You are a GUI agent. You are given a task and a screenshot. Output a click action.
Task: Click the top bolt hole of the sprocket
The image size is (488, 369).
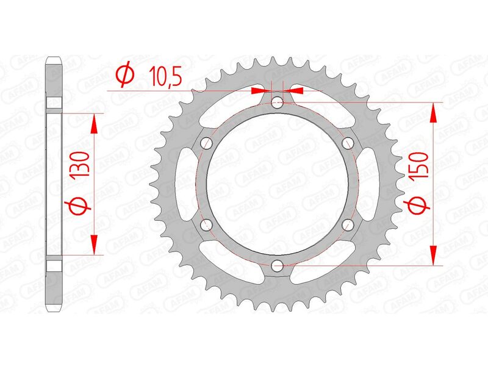278,102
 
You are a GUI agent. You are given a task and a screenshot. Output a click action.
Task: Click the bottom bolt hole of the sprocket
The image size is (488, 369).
278,265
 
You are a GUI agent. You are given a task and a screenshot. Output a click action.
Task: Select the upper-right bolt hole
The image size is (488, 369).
348,143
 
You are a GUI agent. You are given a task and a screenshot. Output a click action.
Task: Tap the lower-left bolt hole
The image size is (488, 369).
207,224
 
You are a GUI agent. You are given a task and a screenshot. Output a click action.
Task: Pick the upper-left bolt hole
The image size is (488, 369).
207,143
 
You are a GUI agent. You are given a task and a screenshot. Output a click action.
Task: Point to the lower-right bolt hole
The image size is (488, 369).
348,224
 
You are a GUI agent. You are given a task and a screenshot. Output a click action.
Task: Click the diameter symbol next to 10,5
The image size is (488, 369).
124,76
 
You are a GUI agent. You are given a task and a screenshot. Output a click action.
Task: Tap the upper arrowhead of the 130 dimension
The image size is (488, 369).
94,123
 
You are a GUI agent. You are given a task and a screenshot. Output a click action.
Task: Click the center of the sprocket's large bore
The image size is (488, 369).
278,184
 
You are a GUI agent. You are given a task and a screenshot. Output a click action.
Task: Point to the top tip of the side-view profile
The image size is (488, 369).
54,57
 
